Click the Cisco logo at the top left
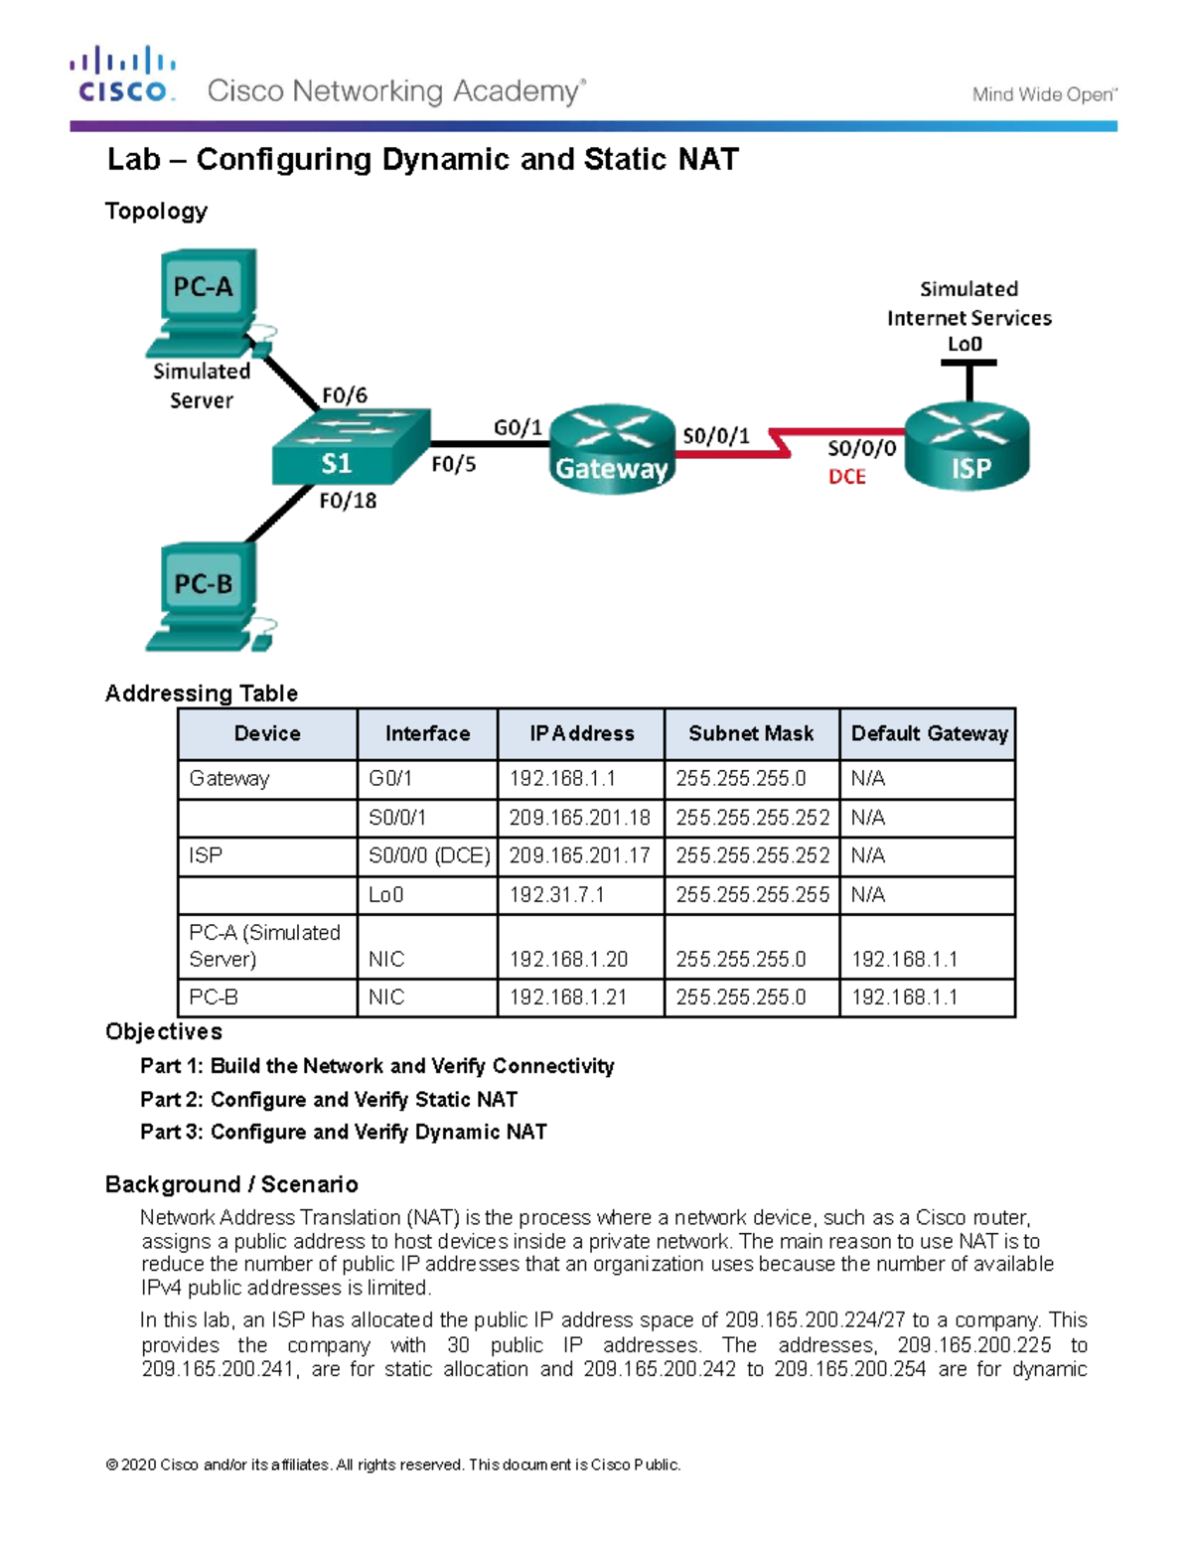(123, 75)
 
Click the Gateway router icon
(612, 449)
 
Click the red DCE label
(847, 477)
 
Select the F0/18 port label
(348, 501)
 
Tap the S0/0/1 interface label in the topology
(715, 436)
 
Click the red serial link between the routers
(735, 454)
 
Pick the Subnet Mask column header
(751, 734)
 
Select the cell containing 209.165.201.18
(580, 818)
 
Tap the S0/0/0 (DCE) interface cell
(428, 856)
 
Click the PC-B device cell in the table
(266, 998)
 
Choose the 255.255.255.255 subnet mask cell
(752, 895)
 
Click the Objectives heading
(164, 1031)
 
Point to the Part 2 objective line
(329, 1099)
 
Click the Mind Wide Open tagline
(1044, 94)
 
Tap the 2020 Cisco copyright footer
(393, 1465)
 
